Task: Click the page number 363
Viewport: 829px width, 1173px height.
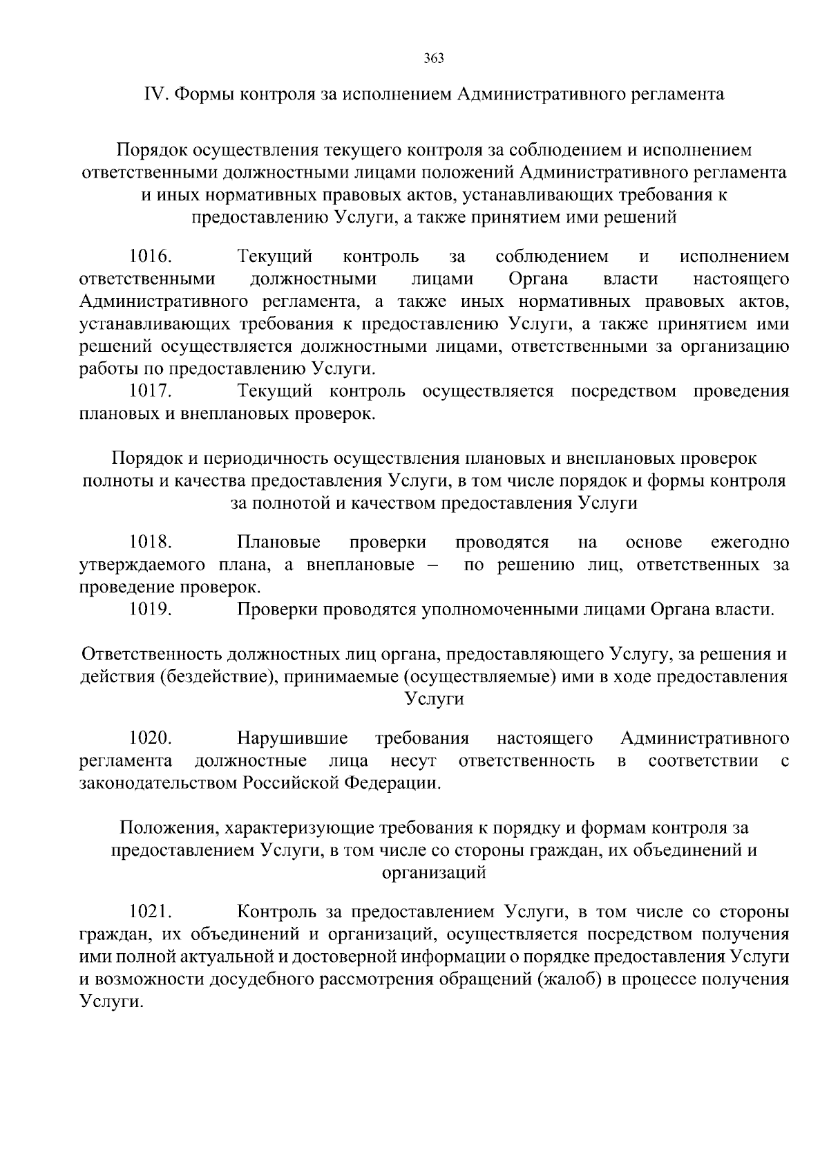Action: [x=433, y=58]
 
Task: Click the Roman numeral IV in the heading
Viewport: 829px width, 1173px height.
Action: [x=155, y=94]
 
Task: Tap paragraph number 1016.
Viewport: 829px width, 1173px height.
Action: [x=151, y=256]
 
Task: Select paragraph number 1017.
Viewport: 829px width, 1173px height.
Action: [x=151, y=391]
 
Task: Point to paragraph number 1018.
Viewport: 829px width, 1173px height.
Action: [x=151, y=542]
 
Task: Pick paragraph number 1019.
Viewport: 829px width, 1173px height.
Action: [x=151, y=610]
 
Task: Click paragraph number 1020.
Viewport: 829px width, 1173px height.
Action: [x=151, y=738]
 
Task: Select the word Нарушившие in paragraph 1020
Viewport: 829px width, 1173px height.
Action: [x=292, y=738]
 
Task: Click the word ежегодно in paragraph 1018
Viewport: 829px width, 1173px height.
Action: [x=750, y=542]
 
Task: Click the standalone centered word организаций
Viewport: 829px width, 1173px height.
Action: [x=434, y=872]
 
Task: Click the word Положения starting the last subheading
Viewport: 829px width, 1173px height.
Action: [x=161, y=827]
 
